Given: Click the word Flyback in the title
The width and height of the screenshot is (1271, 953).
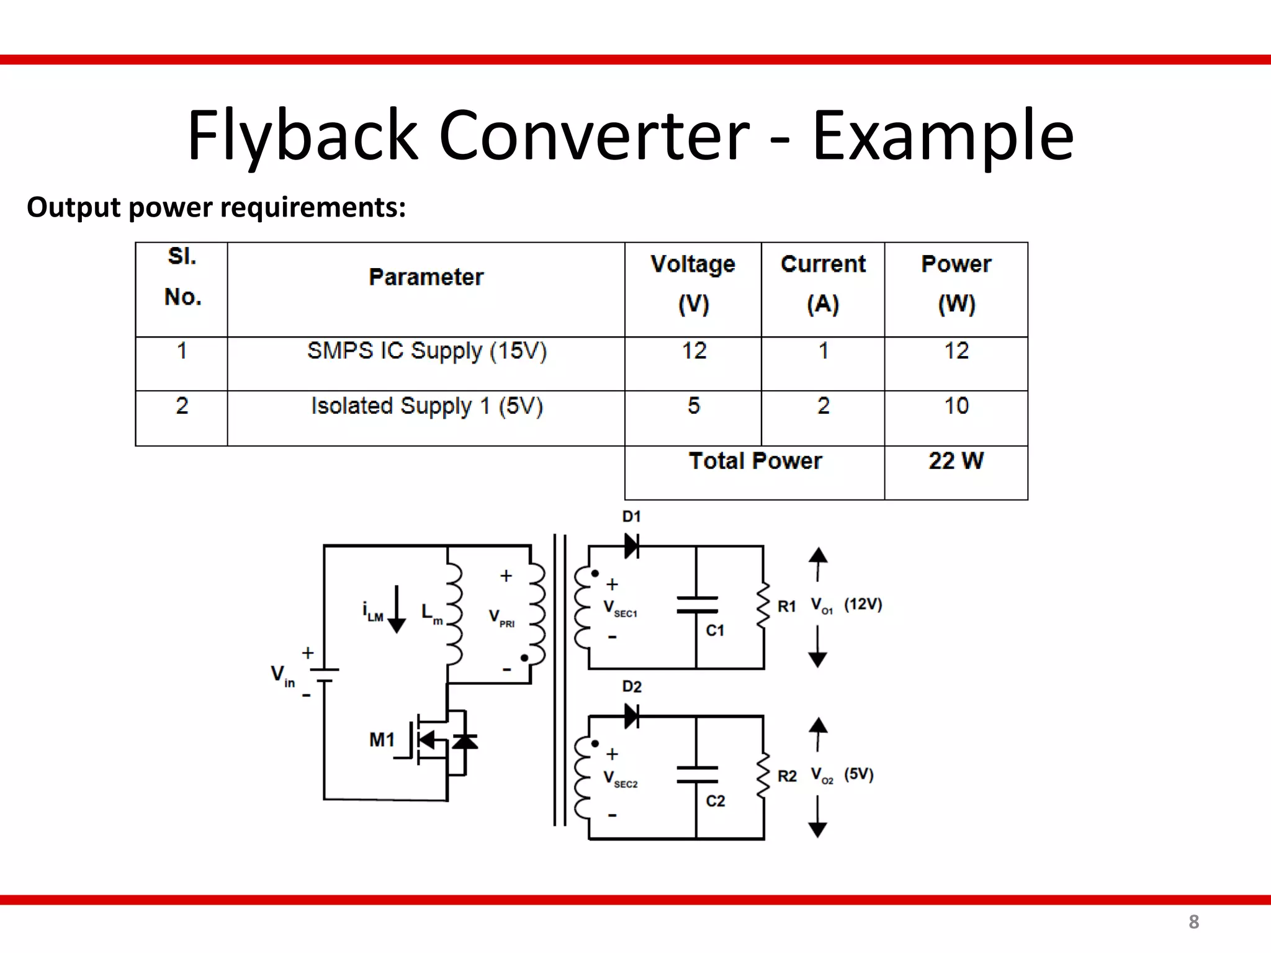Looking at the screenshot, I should pyautogui.click(x=302, y=136).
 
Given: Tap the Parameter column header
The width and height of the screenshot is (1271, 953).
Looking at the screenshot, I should pyautogui.click(x=426, y=277).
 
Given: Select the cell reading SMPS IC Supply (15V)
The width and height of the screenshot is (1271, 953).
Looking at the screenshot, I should pyautogui.click(x=426, y=351).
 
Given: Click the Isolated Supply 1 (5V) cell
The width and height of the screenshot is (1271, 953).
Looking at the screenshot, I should pyautogui.click(x=426, y=406).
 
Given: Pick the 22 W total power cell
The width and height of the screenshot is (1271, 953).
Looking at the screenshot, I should pyautogui.click(x=956, y=461).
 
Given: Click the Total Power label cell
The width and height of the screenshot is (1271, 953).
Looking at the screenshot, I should pyautogui.click(x=755, y=461).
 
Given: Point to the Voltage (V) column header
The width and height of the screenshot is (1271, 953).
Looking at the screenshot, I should pyautogui.click(x=693, y=284).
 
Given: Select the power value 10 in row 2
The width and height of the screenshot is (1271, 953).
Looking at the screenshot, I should pyautogui.click(x=956, y=406).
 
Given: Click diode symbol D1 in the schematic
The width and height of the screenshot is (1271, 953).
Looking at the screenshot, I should pyautogui.click(x=632, y=546).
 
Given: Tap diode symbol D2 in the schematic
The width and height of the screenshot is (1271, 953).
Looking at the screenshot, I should pyautogui.click(x=632, y=716).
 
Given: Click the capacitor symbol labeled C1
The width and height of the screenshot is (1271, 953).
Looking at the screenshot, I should pyautogui.click(x=697, y=605).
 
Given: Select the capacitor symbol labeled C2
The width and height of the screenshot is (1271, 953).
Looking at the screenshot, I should pyautogui.click(x=697, y=775).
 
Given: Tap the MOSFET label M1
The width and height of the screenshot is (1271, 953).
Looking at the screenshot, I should pyautogui.click(x=382, y=740).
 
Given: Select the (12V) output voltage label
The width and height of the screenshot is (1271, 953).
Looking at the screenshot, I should pyautogui.click(x=863, y=604).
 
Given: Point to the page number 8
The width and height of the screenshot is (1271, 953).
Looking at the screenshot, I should pyautogui.click(x=1193, y=922).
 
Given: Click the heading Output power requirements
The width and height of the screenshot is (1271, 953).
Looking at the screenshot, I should pyautogui.click(x=216, y=207).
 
